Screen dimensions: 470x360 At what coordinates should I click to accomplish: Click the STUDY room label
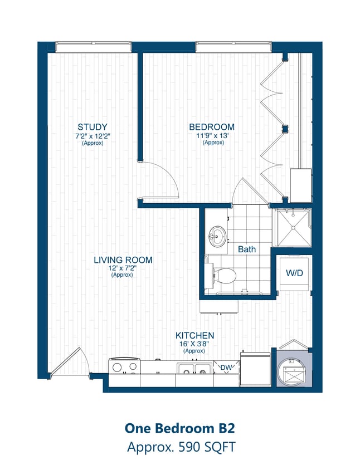[x=92, y=127]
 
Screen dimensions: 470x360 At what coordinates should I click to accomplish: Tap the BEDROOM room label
[x=211, y=127]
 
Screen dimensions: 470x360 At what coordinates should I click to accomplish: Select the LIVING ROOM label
[x=123, y=260]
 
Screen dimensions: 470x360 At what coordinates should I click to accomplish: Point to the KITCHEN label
[x=194, y=336]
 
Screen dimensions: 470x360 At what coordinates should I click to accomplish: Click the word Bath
[x=247, y=249]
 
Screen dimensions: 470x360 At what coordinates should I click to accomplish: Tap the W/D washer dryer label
[x=294, y=273]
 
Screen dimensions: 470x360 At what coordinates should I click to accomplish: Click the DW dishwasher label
[x=226, y=368]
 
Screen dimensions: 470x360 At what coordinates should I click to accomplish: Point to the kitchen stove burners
[x=125, y=367]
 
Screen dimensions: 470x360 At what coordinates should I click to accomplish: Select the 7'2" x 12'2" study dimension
[x=92, y=136]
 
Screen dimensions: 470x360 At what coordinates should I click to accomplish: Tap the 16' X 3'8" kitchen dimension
[x=194, y=344]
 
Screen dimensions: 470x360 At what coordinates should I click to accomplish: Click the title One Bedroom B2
[x=179, y=428]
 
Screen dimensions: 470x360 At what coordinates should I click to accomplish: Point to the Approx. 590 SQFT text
[x=179, y=447]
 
